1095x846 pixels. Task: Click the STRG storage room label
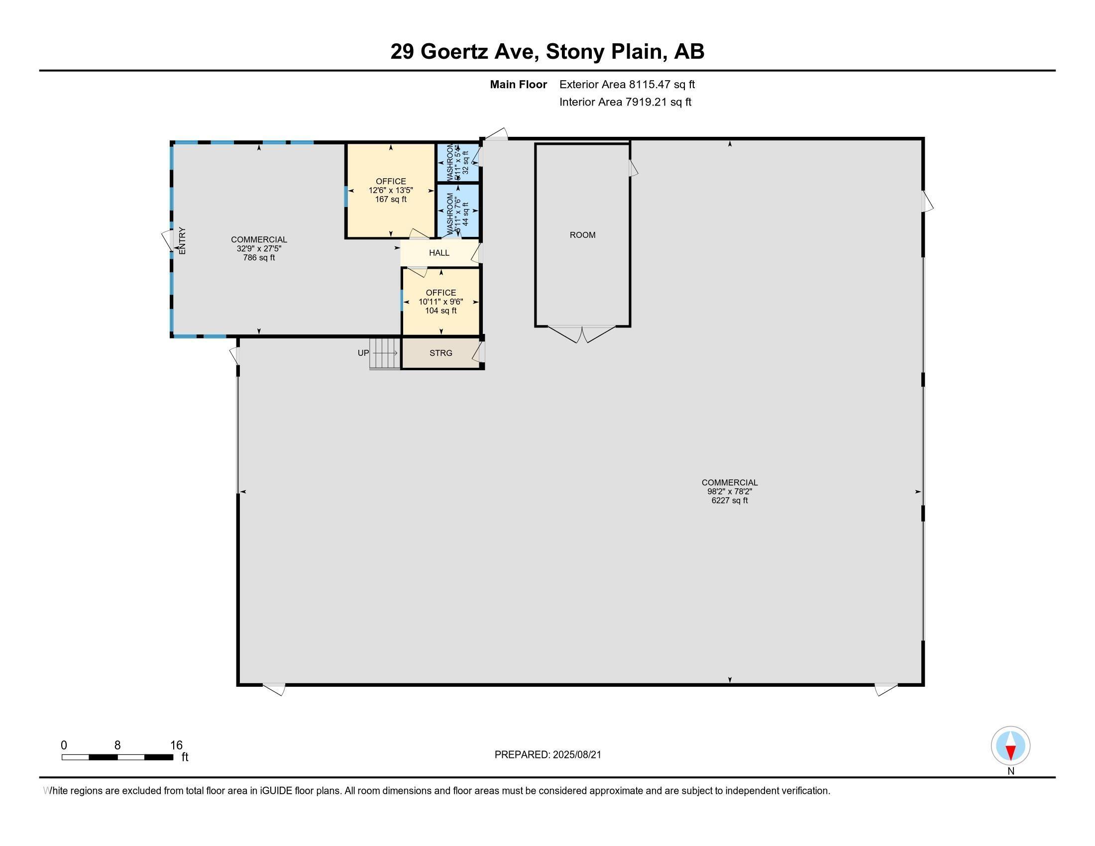pos(440,353)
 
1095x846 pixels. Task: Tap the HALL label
pos(438,253)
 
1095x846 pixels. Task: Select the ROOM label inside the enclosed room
pos(582,234)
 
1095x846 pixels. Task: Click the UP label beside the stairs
pos(363,353)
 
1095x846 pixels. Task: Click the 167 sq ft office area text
pos(391,200)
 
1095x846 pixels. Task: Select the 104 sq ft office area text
pos(440,311)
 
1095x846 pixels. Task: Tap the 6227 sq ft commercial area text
pos(729,500)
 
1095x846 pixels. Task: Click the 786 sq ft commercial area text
pos(259,258)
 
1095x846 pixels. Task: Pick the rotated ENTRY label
pos(182,240)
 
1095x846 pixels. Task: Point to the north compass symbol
pos(1010,746)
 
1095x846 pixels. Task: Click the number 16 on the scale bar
pos(176,745)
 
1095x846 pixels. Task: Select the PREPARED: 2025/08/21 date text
pos(547,754)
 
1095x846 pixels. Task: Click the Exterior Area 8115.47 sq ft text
pos(627,84)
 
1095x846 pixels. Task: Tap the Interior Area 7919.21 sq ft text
pos(625,102)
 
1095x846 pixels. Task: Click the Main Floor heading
pos(518,84)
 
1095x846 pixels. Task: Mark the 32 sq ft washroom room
pos(458,162)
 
